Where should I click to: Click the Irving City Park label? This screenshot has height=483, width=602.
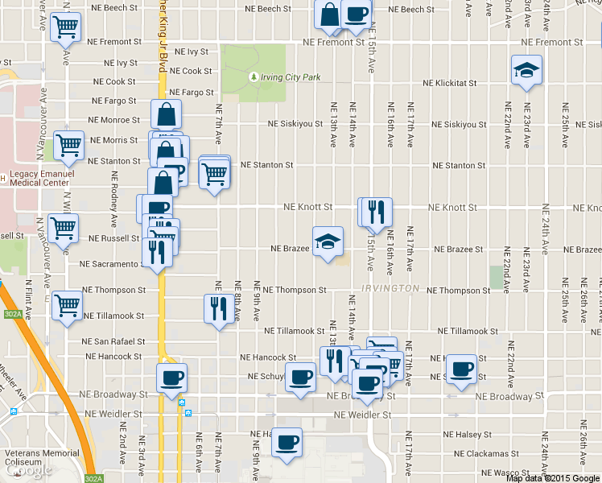coord(290,77)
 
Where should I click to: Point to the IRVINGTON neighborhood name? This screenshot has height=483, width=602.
coord(390,288)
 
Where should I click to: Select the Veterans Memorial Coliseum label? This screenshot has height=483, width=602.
coord(40,458)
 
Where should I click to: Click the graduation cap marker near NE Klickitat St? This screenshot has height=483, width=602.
coord(527,71)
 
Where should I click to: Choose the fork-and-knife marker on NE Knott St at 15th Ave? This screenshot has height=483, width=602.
coord(377,213)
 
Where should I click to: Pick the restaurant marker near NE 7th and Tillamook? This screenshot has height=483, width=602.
coord(219,309)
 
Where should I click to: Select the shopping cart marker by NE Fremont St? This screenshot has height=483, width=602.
coord(65,27)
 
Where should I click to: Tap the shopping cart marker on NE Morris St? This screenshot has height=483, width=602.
coord(69,146)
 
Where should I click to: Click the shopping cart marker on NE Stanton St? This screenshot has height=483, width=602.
coord(214,172)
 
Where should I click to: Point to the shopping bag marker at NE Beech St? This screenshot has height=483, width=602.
coord(331,14)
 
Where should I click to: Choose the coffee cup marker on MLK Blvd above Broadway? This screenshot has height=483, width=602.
coord(171,378)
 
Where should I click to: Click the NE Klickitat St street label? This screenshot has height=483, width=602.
coord(451,83)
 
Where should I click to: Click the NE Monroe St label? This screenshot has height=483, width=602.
coord(116,120)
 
